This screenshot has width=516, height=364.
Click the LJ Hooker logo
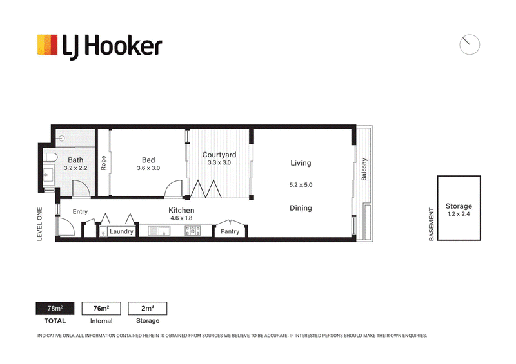99,46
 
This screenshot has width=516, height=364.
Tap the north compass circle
470,44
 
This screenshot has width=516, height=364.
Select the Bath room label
75,160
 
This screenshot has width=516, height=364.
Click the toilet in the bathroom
50,157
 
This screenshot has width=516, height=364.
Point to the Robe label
103,163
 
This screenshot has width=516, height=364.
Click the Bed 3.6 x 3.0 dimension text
148,168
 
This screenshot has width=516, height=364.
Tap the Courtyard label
219,155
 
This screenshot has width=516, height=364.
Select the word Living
301,163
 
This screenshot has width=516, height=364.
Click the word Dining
301,208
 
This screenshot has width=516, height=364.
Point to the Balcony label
364,169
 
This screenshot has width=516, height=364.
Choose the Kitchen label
181,210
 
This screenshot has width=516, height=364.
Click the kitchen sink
159,231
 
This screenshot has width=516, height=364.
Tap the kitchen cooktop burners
192,231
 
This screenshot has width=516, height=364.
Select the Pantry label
230,231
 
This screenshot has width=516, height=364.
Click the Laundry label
121,231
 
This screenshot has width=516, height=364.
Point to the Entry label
80,212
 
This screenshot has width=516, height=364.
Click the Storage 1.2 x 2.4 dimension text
459,214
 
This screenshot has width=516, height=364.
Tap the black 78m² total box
55,309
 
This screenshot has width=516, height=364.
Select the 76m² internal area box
101,309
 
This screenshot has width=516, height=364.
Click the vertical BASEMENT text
432,224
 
